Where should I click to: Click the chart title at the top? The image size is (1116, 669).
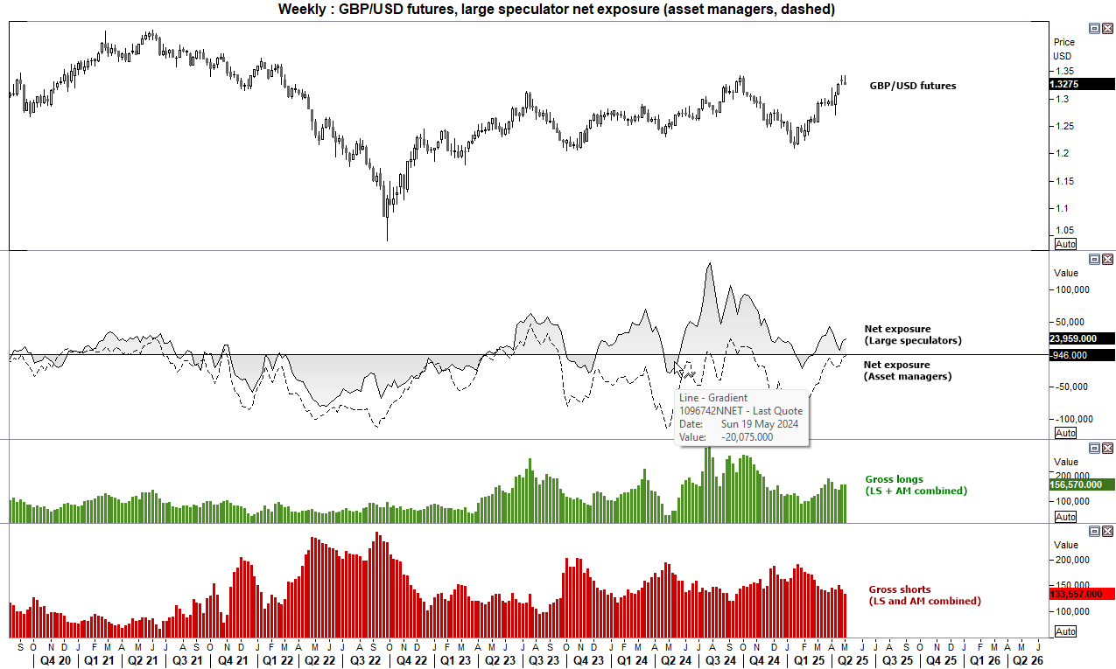tap(556, 10)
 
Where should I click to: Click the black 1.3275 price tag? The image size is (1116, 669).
tap(1070, 85)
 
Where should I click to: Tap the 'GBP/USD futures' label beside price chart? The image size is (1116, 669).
tap(912, 86)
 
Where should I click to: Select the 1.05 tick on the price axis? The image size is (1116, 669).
tap(1063, 230)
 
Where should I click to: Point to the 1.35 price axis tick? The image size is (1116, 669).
tap(1064, 71)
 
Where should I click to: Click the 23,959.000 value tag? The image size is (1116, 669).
tap(1080, 338)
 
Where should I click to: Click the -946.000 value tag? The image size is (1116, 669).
tap(1080, 355)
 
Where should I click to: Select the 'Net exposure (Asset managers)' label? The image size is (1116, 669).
tap(907, 370)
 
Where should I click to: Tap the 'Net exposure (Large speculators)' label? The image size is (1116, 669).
tap(912, 334)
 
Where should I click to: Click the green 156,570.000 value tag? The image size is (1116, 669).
tap(1080, 484)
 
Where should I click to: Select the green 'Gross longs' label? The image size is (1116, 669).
tap(916, 485)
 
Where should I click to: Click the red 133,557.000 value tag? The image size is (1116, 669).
tap(1080, 594)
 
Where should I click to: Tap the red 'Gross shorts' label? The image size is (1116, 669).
tap(923, 596)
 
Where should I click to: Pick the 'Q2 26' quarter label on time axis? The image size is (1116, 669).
tap(1025, 661)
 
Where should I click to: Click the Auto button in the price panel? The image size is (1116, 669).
tap(1065, 244)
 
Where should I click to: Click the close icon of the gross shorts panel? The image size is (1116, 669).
tap(1107, 531)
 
